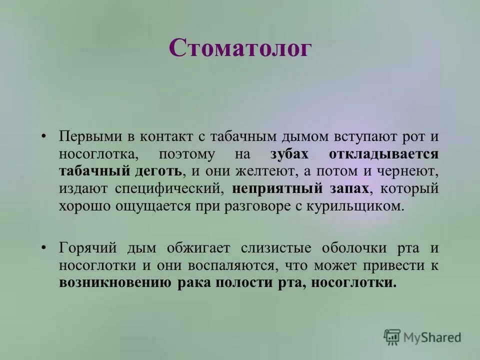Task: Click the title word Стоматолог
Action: point(240,49)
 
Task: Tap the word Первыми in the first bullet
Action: point(87,136)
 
